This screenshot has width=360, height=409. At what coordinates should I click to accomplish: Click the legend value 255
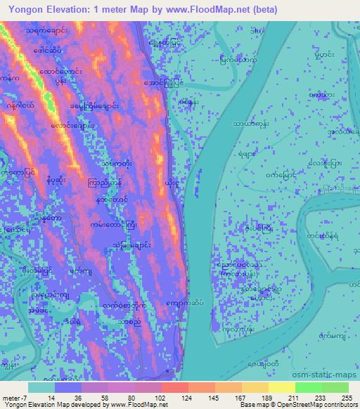coord(345,397)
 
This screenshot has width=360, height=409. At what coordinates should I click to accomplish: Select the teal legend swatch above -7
coord(41,387)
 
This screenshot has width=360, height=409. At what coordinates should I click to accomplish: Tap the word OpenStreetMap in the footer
coord(294,405)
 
